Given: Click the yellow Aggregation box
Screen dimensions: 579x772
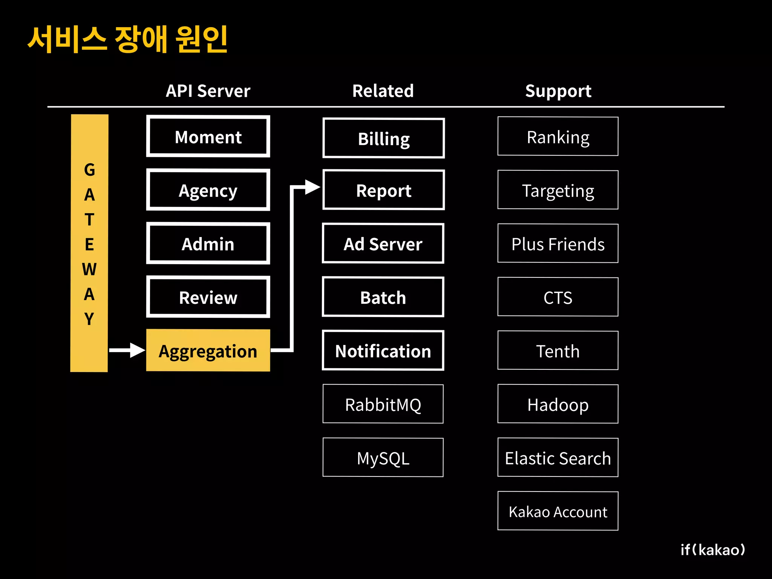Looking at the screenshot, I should (x=208, y=351).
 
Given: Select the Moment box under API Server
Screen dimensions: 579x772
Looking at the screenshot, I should (x=208, y=136).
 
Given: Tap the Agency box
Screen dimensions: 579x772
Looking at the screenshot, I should (x=208, y=190).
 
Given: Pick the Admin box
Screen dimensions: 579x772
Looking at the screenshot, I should (x=208, y=244).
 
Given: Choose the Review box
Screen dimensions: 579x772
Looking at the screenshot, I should (x=208, y=297).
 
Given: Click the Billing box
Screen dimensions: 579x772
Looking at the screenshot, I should (x=383, y=138).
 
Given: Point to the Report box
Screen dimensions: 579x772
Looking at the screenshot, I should (x=383, y=190).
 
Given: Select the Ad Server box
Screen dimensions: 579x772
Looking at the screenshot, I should (x=383, y=244).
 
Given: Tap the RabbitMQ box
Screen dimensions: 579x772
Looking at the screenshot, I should (x=383, y=404).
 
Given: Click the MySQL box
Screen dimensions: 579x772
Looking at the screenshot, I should (x=383, y=458).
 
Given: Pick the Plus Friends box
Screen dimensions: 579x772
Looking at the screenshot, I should (x=558, y=244).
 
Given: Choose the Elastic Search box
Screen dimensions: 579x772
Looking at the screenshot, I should (x=558, y=458).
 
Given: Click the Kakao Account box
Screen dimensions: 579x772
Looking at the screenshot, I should (x=558, y=511).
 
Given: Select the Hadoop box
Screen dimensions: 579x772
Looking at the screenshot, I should (x=558, y=404).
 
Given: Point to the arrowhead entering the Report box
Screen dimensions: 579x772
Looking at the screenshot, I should (x=312, y=187).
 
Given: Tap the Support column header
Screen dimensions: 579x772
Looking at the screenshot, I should (x=558, y=91).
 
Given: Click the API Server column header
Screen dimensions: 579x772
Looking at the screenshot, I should (x=208, y=91).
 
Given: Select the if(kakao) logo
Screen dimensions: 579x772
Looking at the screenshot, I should (x=712, y=550).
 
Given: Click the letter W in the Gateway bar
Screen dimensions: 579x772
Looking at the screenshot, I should (x=89, y=269).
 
